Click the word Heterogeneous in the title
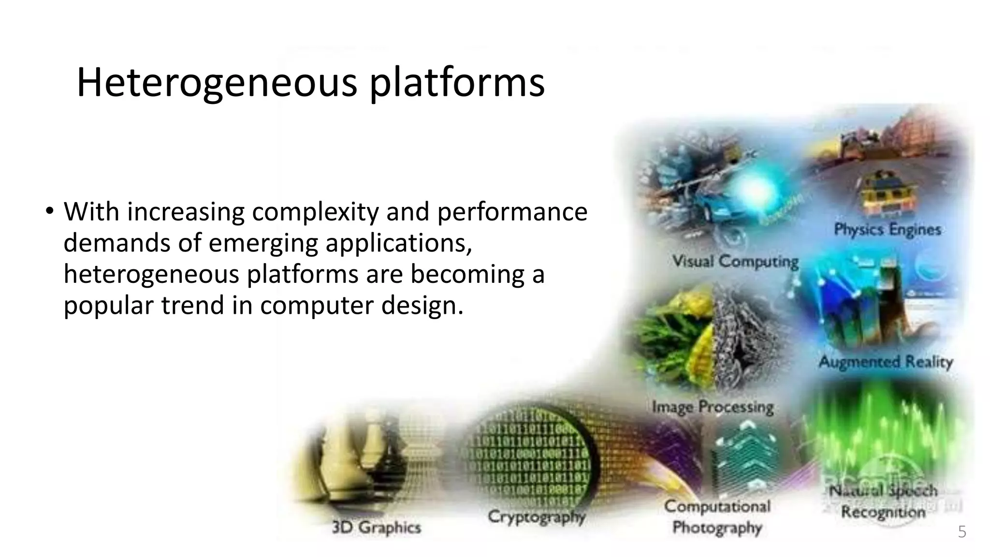(217, 83)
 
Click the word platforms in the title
(457, 83)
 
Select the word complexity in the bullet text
(314, 212)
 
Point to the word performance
(512, 212)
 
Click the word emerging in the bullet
(263, 243)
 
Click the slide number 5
(962, 532)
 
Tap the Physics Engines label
(888, 229)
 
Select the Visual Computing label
(735, 262)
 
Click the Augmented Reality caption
(886, 362)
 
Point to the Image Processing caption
(713, 407)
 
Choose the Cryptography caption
(537, 516)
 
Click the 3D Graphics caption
(376, 527)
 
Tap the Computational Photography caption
(717, 517)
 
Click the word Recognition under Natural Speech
(883, 512)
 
